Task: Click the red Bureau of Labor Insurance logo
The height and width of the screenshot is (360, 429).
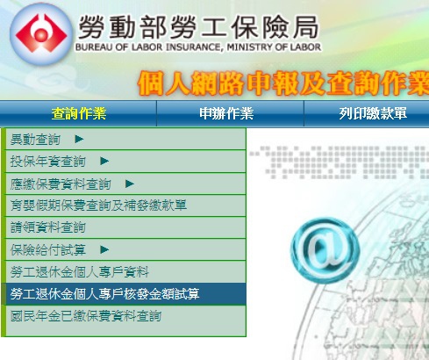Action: coord(41,34)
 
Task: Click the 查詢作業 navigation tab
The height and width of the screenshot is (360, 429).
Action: coord(79,113)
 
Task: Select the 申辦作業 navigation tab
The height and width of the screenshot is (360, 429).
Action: coord(226,113)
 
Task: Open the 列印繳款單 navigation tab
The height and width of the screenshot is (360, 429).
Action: coord(373,113)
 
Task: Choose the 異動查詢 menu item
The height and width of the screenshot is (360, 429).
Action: coord(35,140)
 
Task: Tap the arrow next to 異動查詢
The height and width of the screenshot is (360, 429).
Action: coord(79,139)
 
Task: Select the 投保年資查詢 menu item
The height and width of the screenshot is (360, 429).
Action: coord(48,162)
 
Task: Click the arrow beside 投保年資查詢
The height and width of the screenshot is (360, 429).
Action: coord(104,161)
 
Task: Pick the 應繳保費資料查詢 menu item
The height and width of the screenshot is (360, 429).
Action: coord(61,184)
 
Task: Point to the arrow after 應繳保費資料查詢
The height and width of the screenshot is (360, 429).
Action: coord(130,184)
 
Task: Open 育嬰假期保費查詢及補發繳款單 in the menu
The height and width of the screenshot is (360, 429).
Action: coord(98,205)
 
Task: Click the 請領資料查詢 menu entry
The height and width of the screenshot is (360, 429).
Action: coord(48,227)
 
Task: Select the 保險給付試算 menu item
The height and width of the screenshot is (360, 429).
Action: coord(48,249)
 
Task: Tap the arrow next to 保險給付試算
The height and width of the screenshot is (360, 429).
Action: coord(104,249)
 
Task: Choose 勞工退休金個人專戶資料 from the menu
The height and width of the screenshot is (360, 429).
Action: coord(80,271)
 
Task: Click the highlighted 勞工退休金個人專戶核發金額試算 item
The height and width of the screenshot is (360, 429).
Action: coord(105,294)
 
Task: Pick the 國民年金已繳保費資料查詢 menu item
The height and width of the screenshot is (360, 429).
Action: coord(86,316)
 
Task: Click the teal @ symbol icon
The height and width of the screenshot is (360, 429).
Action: coord(325,250)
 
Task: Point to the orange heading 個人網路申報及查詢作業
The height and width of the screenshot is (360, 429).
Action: coord(283,83)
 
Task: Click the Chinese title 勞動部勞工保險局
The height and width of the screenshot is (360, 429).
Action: coord(198,27)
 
